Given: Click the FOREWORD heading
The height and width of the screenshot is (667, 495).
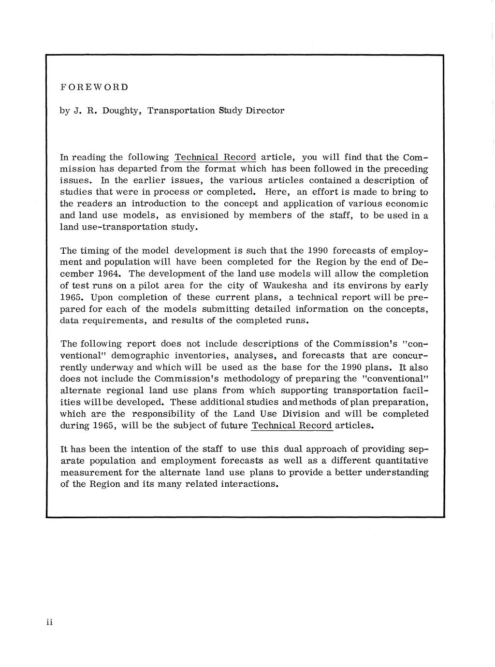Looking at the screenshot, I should (94, 87).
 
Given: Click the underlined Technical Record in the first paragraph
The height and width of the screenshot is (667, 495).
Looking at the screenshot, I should (215, 158).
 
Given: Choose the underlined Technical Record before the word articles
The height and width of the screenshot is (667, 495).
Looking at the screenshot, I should (292, 426).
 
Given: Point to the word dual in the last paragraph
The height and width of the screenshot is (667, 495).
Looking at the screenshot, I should (294, 449).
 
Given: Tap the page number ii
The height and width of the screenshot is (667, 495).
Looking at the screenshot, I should (49, 622).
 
